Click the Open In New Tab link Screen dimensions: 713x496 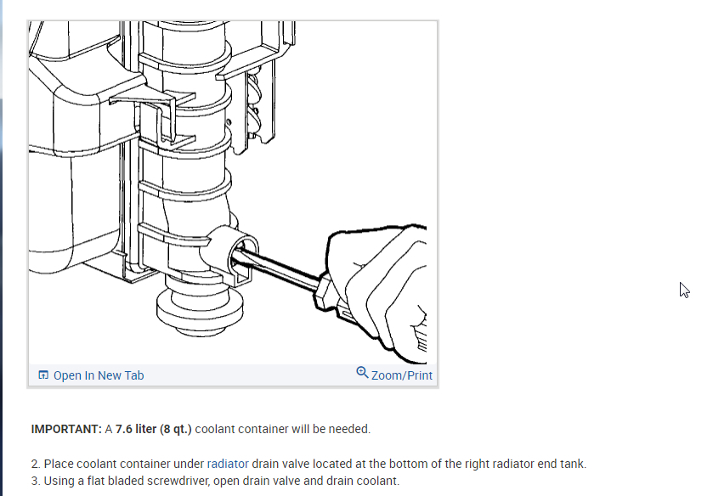pyautogui.click(x=99, y=375)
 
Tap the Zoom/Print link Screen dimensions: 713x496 pyautogui.click(x=402, y=375)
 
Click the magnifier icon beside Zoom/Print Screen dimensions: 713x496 pyautogui.click(x=363, y=374)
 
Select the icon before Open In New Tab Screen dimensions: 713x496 pyautogui.click(x=43, y=375)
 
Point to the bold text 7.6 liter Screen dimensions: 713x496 pyautogui.click(x=136, y=429)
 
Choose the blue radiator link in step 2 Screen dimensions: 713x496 pyautogui.click(x=228, y=464)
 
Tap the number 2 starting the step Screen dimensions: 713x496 pyautogui.click(x=34, y=464)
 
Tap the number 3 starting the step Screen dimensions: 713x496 pyautogui.click(x=34, y=481)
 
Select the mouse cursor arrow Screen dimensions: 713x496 pyautogui.click(x=684, y=290)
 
